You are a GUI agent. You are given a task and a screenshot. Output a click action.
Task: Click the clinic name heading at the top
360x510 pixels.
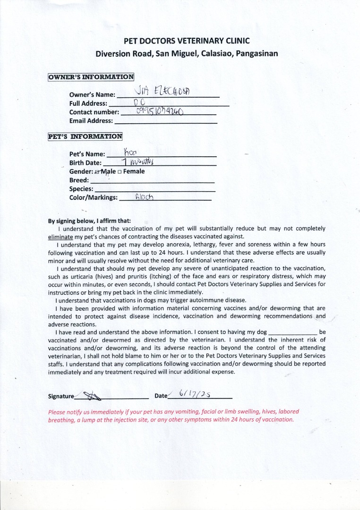[x=187, y=41]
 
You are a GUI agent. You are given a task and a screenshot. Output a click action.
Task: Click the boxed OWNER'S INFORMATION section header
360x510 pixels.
[x=91, y=77]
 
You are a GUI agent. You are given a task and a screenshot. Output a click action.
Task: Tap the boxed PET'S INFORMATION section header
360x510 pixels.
[x=85, y=136]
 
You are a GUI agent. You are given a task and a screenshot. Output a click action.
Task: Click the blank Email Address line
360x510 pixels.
[x=166, y=122]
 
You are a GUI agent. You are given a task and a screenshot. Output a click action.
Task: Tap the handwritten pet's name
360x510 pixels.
[x=130, y=152]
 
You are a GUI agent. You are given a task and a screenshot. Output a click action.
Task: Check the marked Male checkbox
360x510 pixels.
[x=97, y=172]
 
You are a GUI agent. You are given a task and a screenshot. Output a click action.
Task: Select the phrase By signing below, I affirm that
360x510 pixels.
[x=90, y=221]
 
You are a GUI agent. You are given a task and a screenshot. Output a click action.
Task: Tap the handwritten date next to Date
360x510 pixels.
[x=195, y=393]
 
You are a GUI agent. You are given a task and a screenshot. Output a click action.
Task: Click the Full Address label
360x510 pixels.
[x=88, y=103]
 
